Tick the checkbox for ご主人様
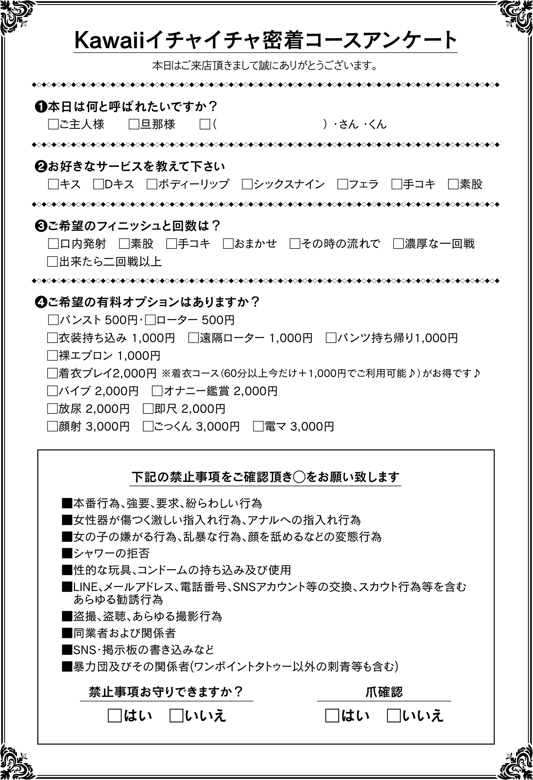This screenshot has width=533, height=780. tap(53, 125)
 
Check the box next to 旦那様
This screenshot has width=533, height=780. tap(134, 125)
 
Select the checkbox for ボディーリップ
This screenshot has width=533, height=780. tap(152, 185)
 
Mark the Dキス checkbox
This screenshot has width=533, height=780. tap(99, 185)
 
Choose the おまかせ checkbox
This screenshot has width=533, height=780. tap(228, 244)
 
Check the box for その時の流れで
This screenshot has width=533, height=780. tap(295, 244)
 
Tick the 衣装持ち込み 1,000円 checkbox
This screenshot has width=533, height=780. tap(52, 338)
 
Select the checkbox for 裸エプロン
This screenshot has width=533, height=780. tap(52, 356)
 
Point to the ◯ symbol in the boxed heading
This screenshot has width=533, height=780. tap(298, 477)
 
